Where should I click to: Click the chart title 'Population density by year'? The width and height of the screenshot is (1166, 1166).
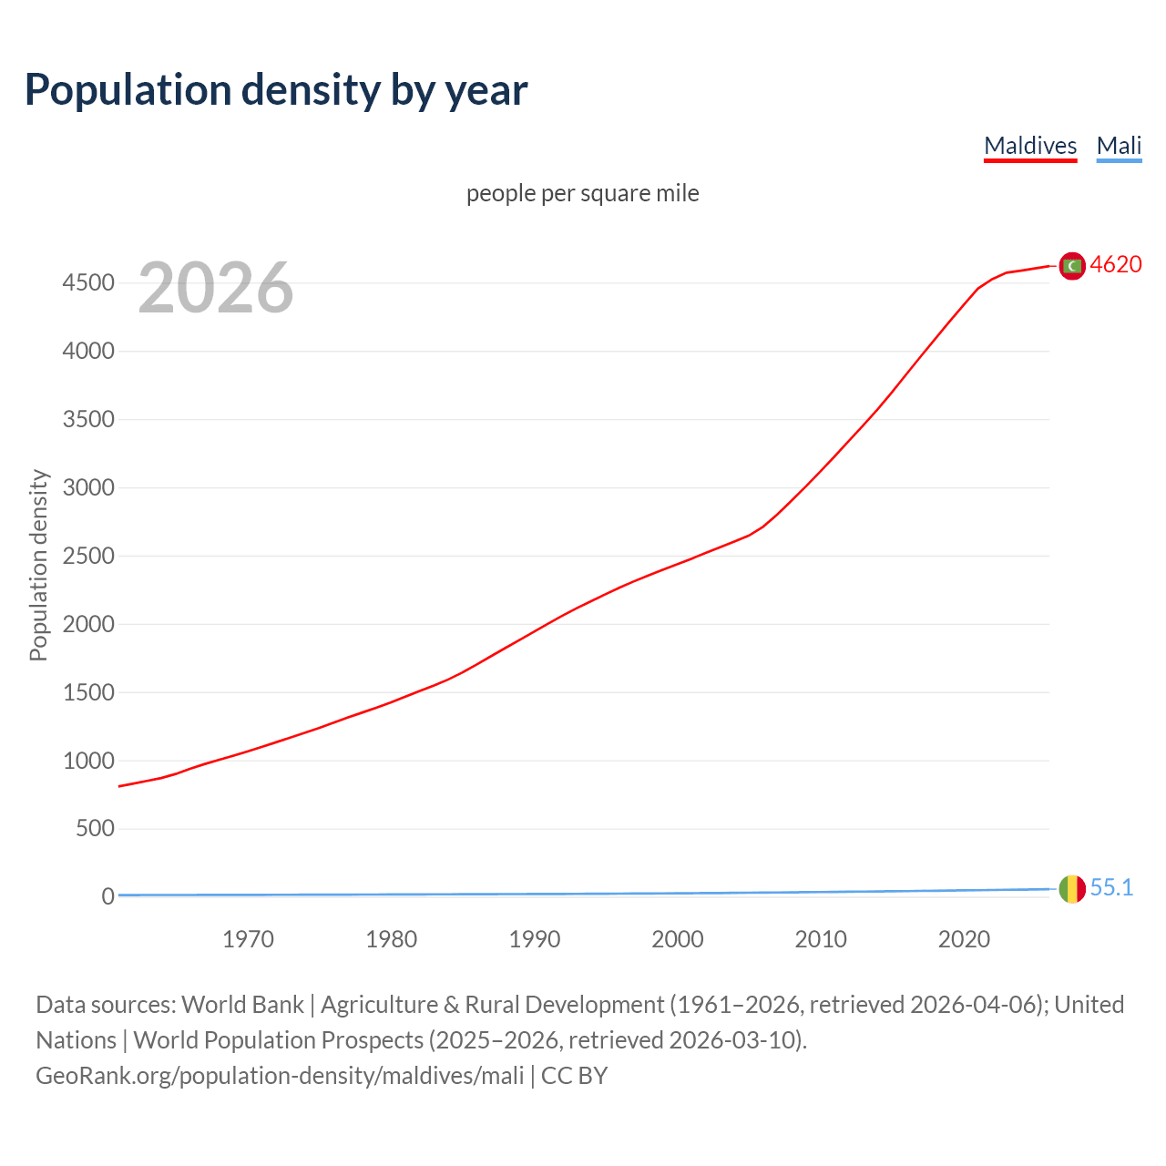(276, 90)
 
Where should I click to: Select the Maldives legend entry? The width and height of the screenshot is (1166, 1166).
(1030, 146)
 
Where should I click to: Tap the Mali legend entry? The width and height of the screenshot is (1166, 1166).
(1119, 146)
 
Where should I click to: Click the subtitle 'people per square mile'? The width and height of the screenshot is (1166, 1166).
(582, 193)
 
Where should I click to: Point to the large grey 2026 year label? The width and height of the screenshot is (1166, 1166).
(216, 288)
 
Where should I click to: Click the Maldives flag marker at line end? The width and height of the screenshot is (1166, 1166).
(1072, 265)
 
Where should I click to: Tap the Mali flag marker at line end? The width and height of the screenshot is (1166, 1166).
(1072, 888)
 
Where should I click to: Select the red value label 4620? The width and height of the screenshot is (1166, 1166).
(1116, 264)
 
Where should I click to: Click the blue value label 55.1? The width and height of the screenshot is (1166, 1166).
(1111, 887)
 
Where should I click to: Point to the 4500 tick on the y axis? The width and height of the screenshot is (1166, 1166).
(88, 283)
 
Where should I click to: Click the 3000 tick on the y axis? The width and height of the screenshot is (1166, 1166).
(88, 487)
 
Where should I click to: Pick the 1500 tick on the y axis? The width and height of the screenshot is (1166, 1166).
(88, 692)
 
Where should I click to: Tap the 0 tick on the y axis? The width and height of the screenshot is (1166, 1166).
(107, 896)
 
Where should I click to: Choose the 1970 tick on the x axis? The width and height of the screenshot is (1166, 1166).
(248, 939)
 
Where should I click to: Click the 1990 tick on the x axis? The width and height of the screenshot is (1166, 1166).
(535, 939)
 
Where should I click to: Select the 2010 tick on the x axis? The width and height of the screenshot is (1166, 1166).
(821, 939)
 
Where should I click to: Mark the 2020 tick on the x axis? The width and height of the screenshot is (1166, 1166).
(964, 939)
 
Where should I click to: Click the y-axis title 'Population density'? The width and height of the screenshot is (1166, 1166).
(38, 565)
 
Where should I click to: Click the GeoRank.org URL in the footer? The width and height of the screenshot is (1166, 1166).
(280, 1076)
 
